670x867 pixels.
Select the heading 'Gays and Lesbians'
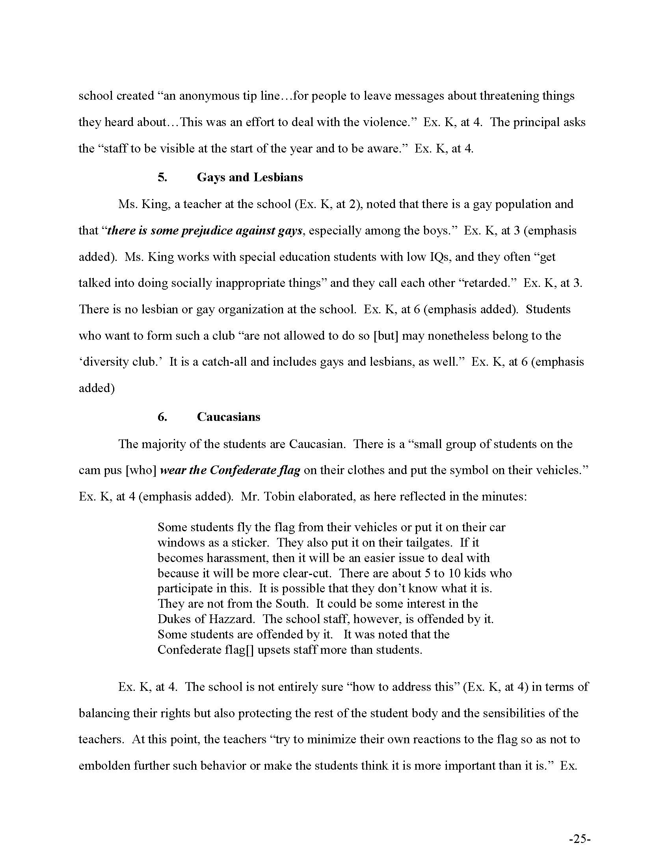point(249,177)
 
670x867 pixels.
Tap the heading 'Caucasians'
point(228,417)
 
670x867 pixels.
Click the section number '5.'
point(162,177)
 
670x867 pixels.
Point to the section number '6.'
point(162,417)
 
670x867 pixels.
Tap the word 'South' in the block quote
point(292,604)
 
